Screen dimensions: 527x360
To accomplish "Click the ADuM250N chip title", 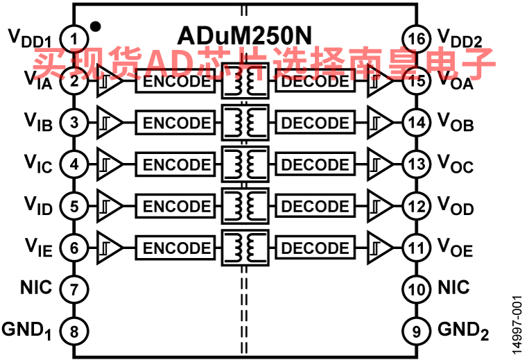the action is point(244,35).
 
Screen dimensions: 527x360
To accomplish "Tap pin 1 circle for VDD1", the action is point(74,39).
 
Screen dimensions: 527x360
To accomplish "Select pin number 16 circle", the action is point(417,39).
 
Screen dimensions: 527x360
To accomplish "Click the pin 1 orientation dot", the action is point(96,26).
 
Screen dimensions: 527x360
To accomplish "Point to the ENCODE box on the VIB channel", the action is point(175,123).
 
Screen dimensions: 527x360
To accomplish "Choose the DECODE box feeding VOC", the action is point(315,164).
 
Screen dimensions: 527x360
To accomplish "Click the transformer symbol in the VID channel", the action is point(245,206).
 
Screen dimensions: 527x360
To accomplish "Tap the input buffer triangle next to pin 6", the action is point(110,248).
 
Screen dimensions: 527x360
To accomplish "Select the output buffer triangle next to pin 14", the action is point(380,123).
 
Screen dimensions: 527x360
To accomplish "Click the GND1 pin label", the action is point(26,331).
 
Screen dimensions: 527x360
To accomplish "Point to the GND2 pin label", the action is point(463,331).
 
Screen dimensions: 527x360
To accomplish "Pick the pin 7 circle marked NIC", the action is point(74,289).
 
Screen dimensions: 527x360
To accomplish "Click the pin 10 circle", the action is point(417,289).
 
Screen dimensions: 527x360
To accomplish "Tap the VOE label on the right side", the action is point(456,248).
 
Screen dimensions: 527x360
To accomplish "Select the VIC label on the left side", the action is point(38,164).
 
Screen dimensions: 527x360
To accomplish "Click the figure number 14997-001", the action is point(517,325).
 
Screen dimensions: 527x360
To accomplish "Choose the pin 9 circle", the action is point(417,331).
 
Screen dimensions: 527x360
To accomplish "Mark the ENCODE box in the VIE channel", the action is point(175,248).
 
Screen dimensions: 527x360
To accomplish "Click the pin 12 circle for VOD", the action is point(417,206).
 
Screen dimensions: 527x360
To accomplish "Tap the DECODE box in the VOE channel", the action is point(315,248).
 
